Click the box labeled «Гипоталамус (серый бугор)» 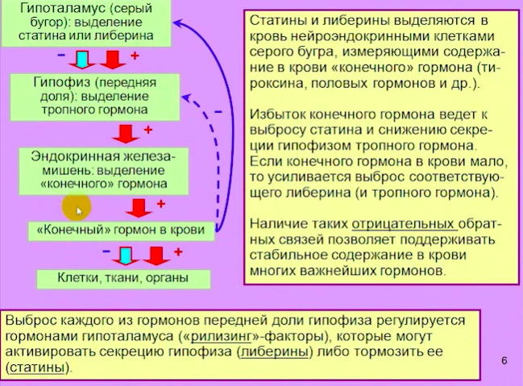point(86,23)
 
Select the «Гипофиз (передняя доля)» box point(95,97)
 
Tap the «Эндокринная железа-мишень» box point(103,171)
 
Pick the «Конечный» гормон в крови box point(121,230)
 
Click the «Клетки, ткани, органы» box point(123,279)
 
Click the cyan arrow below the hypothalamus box point(82,60)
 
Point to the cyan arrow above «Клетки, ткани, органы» point(126,256)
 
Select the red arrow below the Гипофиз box point(126,134)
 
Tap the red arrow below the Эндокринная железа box point(139,208)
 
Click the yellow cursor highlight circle point(77,208)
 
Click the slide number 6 point(504,361)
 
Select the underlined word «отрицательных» point(405,224)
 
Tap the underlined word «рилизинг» point(221,336)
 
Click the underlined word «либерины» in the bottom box point(275,351)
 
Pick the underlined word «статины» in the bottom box point(37,367)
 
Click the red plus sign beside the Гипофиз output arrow point(148,130)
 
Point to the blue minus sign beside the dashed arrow point(218,112)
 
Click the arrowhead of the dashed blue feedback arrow point(186,98)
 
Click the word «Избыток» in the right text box point(278,114)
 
